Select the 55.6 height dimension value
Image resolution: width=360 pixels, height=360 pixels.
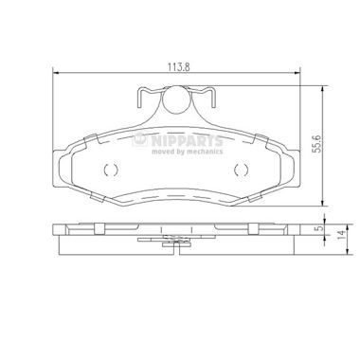coord(316,144)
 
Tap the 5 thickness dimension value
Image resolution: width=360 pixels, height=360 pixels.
coord(320,228)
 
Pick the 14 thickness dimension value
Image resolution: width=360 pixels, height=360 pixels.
coord(341,235)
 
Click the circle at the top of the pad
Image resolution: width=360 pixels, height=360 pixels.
coord(176,99)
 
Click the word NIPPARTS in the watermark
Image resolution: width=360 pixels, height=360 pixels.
coord(187,140)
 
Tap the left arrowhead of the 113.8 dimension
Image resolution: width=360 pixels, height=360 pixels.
coord(55,73)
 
